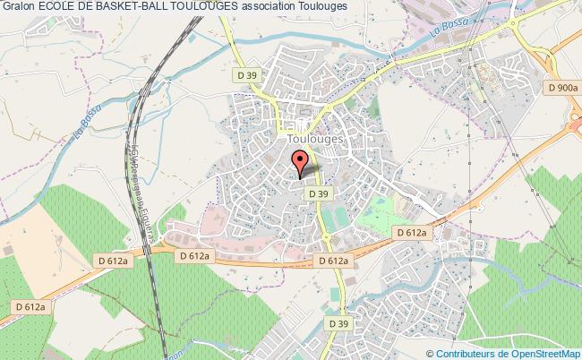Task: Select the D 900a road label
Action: (x=561, y=88)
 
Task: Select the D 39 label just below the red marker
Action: (x=317, y=193)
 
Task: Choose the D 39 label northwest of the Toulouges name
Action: (x=245, y=75)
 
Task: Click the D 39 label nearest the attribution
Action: (x=338, y=323)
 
